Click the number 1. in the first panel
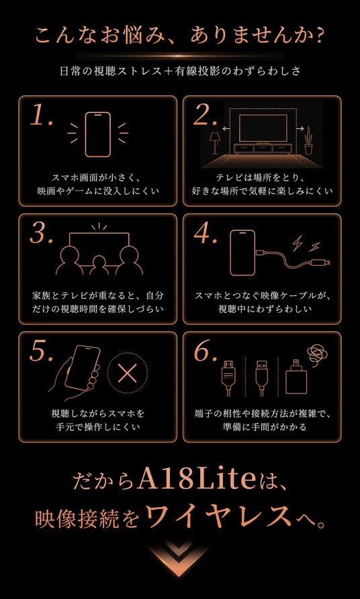(41, 115)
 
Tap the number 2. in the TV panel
(206, 115)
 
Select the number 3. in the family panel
(41, 233)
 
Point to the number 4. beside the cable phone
(206, 233)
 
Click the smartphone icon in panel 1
(98, 134)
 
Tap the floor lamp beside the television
(214, 143)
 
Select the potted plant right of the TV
(308, 140)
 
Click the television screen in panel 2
(263, 128)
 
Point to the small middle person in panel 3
(99, 265)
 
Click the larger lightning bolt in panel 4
(298, 242)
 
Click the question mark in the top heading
(318, 36)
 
